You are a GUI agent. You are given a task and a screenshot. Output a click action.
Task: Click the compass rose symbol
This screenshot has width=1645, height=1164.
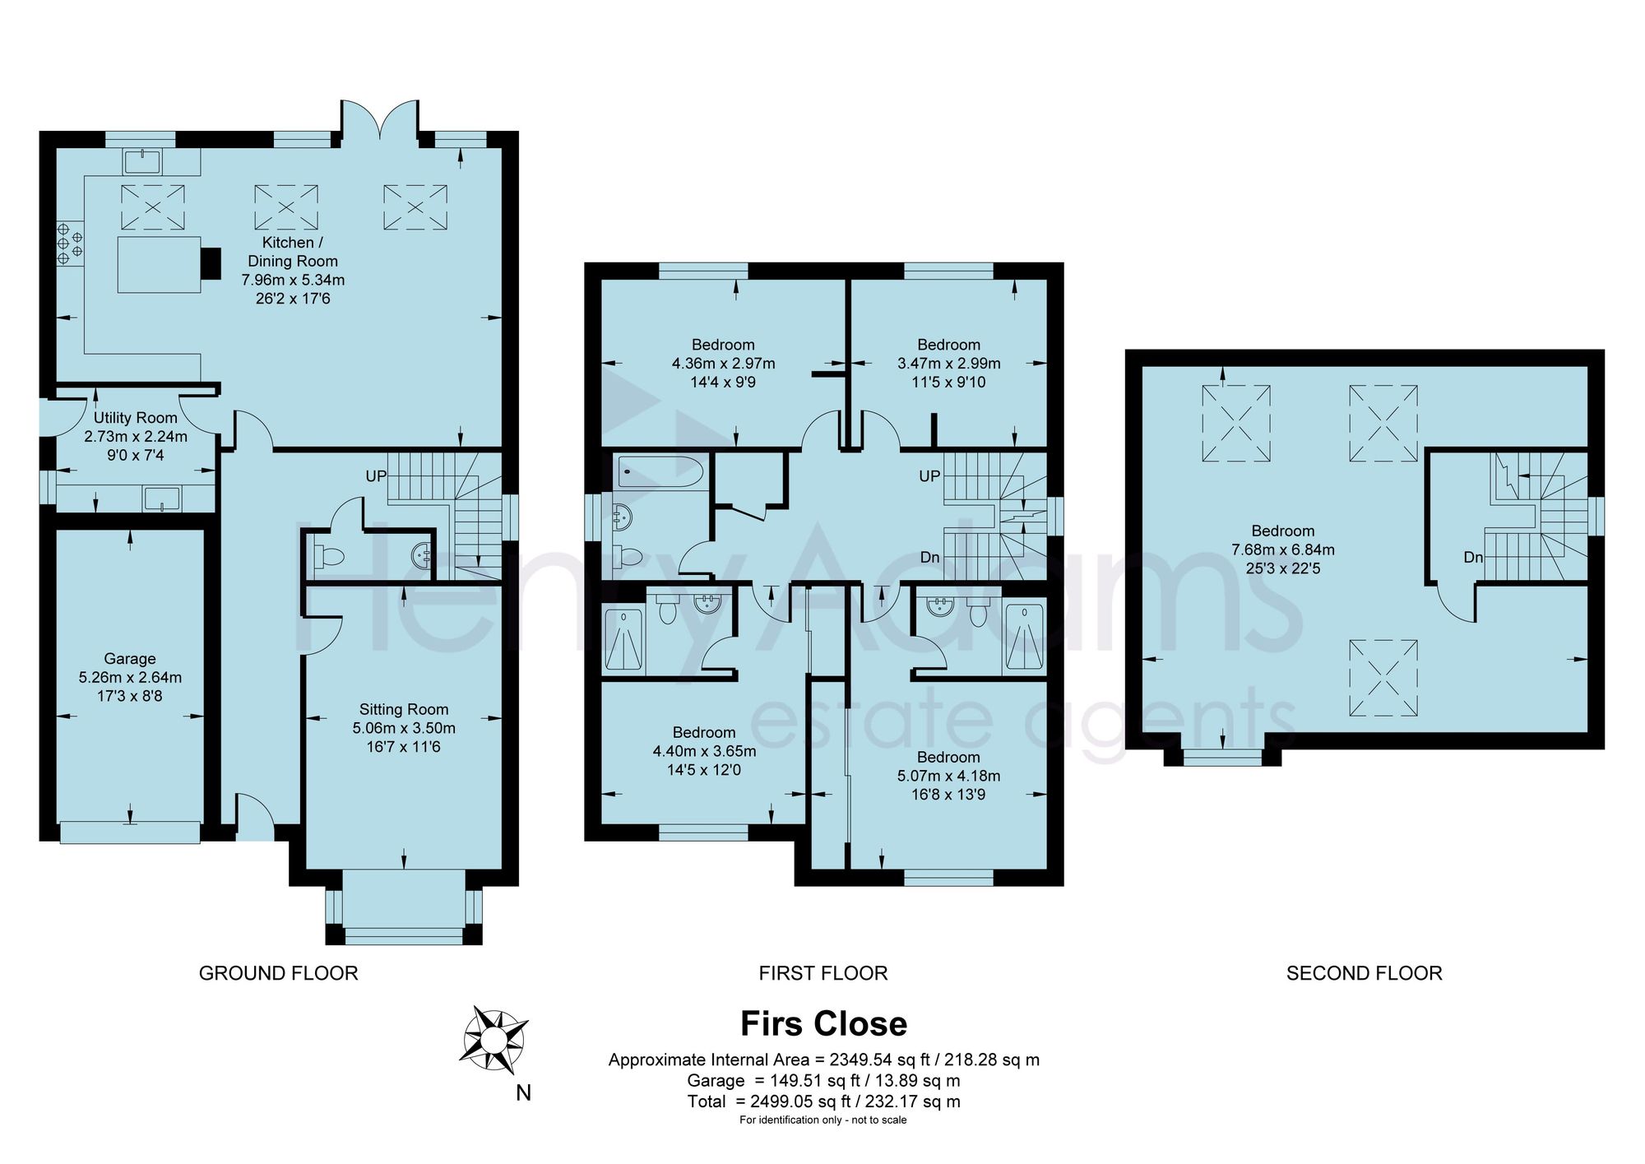[x=493, y=1041]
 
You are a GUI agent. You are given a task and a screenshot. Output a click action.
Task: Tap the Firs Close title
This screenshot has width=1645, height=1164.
[x=823, y=1024]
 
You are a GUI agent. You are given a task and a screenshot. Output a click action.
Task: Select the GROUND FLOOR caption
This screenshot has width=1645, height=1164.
[x=279, y=973]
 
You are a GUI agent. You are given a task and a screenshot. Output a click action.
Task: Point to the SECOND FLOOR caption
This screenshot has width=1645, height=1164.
[x=1364, y=973]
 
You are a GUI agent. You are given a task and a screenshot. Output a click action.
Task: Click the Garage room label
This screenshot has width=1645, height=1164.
[x=130, y=659]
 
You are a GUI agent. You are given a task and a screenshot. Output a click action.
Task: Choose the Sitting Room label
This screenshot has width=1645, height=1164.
[x=404, y=709]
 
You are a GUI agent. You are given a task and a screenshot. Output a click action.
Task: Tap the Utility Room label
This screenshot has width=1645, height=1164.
[x=136, y=418]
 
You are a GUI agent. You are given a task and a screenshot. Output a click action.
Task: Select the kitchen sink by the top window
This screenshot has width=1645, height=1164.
[x=143, y=161]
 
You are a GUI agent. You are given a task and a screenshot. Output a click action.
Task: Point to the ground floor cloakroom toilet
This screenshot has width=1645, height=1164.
[x=330, y=556]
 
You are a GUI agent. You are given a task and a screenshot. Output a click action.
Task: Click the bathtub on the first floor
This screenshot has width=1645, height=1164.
[x=660, y=472]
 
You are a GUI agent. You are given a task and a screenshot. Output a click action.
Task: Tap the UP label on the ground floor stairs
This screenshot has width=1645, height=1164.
[x=376, y=476]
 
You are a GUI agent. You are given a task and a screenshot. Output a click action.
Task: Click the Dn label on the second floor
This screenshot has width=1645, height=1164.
[x=1473, y=557]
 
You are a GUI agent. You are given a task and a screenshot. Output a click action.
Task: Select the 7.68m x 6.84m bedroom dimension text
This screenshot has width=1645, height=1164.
[x=1283, y=550]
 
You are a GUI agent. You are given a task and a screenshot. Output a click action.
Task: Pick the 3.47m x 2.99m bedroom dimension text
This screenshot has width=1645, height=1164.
[x=949, y=363]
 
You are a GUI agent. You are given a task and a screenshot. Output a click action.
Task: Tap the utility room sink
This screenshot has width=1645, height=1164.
[x=161, y=499]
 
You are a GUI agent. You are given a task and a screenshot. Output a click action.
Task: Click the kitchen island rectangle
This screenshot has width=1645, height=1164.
[x=159, y=265]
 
